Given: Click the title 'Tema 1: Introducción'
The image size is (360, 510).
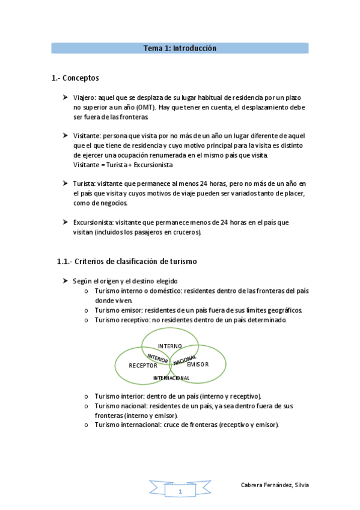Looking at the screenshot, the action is point(180,48).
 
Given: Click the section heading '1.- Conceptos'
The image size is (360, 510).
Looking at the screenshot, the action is point(75,78).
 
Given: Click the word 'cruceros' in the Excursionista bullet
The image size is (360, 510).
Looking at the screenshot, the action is point(186,232).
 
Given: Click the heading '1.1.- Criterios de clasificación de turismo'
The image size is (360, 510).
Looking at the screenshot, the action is point(127,262).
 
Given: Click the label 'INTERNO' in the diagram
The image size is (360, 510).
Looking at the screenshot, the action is point(170,346).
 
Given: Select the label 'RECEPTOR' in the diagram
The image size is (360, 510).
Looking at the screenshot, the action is point(144,366).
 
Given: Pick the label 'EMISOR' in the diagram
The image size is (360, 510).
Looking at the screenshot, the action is point(198,365).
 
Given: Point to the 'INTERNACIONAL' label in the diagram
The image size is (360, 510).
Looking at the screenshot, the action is point(171,378).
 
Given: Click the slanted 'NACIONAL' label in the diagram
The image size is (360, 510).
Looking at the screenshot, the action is point(185,359).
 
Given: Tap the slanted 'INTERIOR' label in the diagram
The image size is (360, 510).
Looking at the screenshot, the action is point(157,358).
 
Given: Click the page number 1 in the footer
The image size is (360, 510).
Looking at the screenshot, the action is point(180,491).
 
